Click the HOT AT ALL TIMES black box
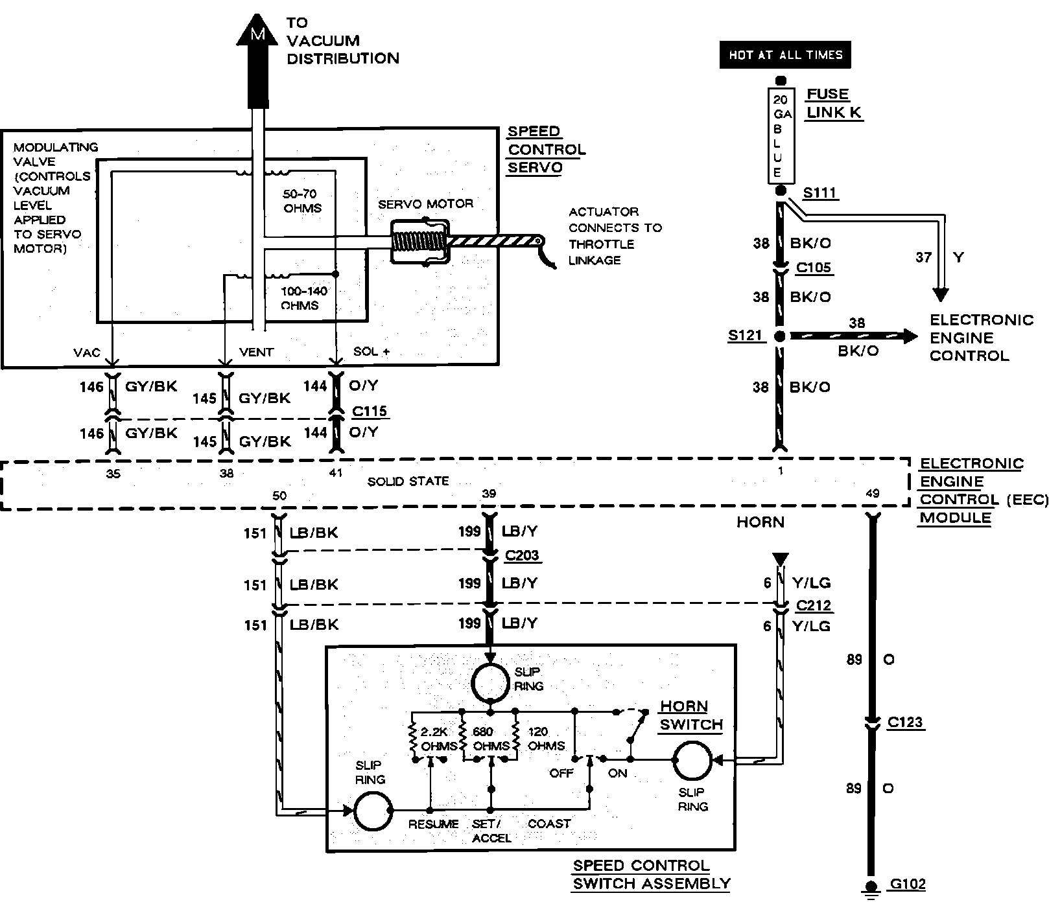coord(784,55)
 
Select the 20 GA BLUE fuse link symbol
coord(781,135)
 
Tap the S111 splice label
coord(820,193)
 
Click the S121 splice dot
coord(780,336)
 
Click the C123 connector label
coord(904,722)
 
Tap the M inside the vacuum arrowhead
coord(257,34)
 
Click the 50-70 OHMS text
coord(302,201)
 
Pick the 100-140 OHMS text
coord(303,298)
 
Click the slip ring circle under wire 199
coord(489,682)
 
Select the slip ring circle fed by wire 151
coord(373,811)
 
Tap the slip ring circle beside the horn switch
coord(692,761)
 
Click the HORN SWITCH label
coord(690,715)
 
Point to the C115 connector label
coord(370,411)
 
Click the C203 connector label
coord(522,555)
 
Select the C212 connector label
coord(814,605)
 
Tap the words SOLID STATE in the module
coord(408,481)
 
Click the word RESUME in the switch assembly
coord(433,824)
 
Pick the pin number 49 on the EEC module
coord(873,494)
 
